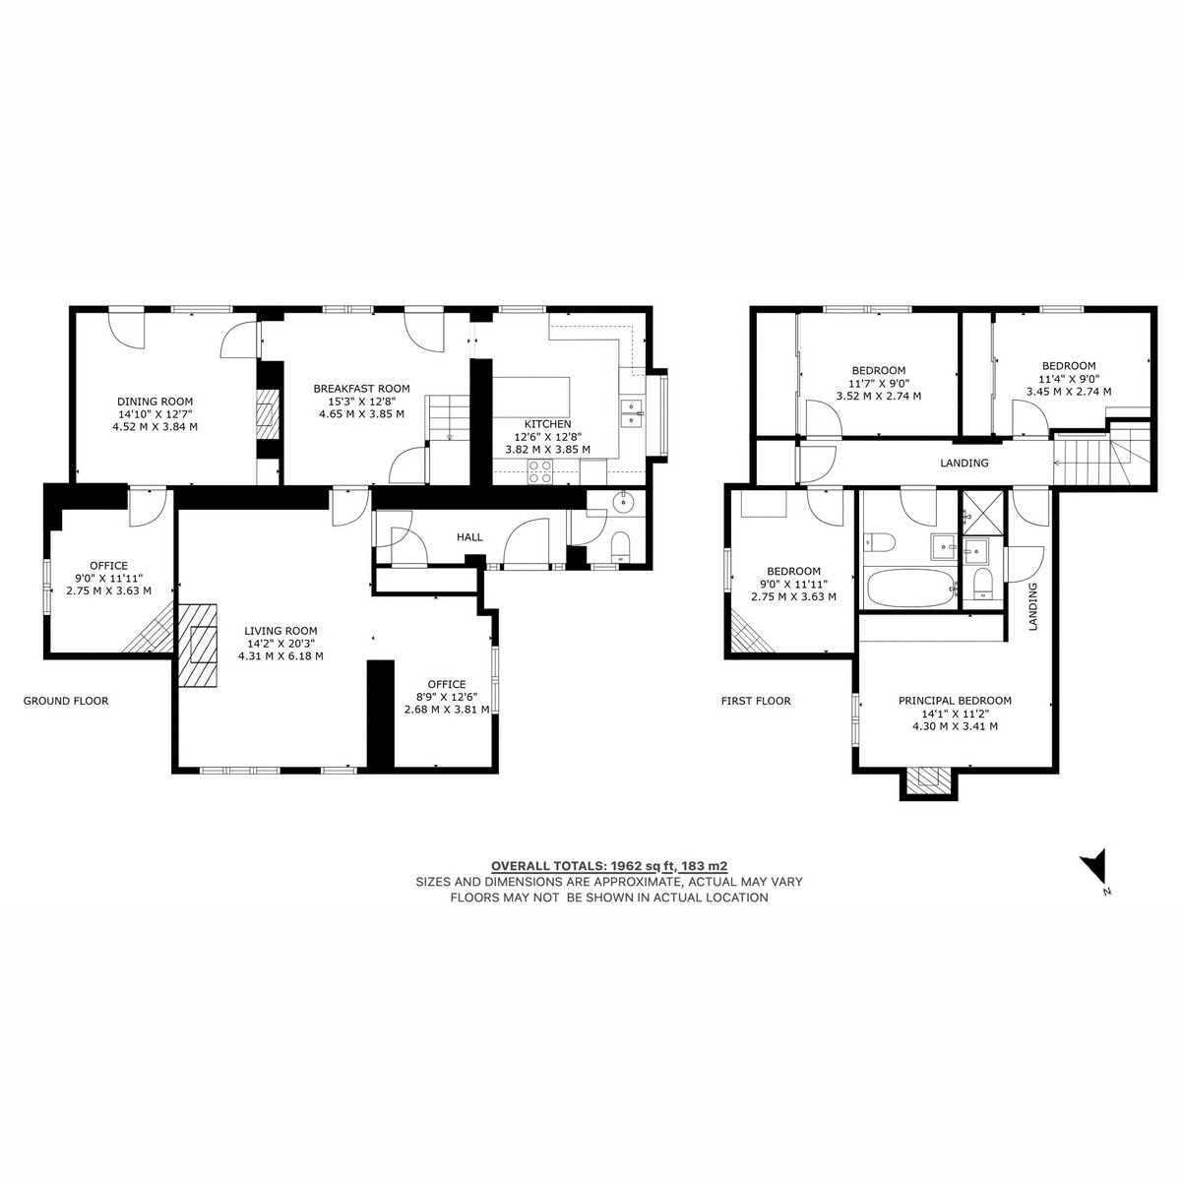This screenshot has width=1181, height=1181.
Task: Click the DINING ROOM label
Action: coord(155,402)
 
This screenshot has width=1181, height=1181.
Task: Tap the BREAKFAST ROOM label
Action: coord(361,389)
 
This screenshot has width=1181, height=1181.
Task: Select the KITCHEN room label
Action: coord(547,424)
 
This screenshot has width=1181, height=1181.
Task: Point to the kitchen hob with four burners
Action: coord(540,472)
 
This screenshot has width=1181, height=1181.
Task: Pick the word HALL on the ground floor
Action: coord(469,537)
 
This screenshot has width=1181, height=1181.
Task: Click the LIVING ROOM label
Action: coord(280,631)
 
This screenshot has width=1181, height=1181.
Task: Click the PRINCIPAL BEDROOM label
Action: coord(955,701)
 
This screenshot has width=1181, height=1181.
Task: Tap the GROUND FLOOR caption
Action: coord(66,701)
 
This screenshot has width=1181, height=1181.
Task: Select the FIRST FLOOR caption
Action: coord(756,701)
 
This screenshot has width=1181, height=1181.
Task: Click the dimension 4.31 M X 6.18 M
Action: coord(280,655)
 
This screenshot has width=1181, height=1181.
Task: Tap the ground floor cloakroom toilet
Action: coord(621,545)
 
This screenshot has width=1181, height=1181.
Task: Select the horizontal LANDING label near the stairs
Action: coord(964,463)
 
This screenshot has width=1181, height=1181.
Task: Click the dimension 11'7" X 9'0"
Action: coord(878,383)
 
